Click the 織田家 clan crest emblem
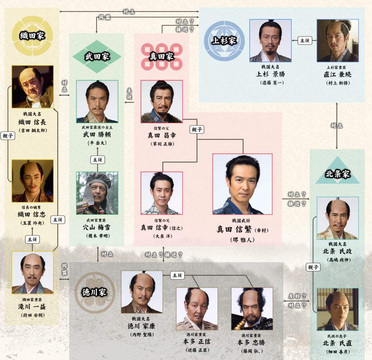pos(32,36)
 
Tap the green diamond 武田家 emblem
pos(97,57)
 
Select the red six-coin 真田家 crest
pos(162,57)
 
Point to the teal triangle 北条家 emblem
pos(337,173)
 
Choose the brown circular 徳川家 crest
pos(95,292)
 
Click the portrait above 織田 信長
pos(32,87)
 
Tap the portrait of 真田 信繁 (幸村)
pos(242,184)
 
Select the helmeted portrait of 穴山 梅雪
pos(97,193)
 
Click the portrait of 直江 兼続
pos(337,41)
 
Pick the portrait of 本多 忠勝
pos(252,309)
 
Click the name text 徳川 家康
pos(142,326)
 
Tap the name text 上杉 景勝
pos(271,74)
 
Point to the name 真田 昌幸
pos(162,135)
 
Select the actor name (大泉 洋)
pos(162,235)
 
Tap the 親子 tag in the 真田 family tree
pos(197,129)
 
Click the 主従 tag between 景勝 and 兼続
pos(304,40)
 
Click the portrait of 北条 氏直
pos(337,310)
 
